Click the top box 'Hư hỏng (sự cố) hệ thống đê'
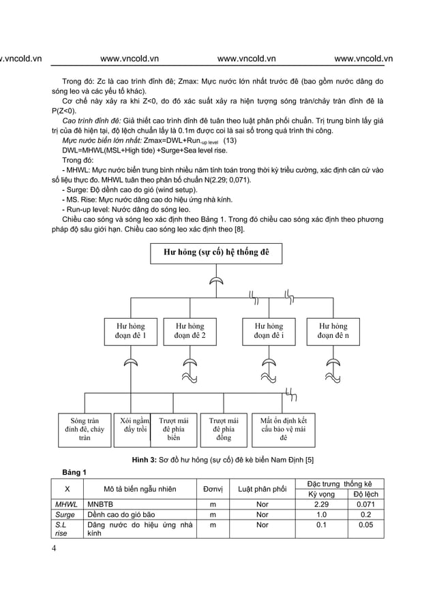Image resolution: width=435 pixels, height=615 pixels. [216, 253]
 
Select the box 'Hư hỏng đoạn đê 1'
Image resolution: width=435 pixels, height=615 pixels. [130, 331]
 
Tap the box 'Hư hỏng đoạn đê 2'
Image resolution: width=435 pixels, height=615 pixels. [190, 331]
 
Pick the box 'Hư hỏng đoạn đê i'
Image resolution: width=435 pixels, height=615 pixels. [269, 331]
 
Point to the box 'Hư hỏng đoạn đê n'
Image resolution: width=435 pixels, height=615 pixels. [333, 331]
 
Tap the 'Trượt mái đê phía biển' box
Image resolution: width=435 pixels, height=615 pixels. [173, 430]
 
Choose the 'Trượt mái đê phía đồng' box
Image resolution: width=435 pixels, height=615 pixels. [223, 430]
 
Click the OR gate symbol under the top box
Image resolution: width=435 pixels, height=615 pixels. [215, 280]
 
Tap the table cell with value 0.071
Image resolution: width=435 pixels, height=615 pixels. [365, 504]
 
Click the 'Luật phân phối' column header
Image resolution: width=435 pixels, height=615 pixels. [262, 488]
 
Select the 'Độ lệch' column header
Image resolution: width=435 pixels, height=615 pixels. [365, 494]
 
